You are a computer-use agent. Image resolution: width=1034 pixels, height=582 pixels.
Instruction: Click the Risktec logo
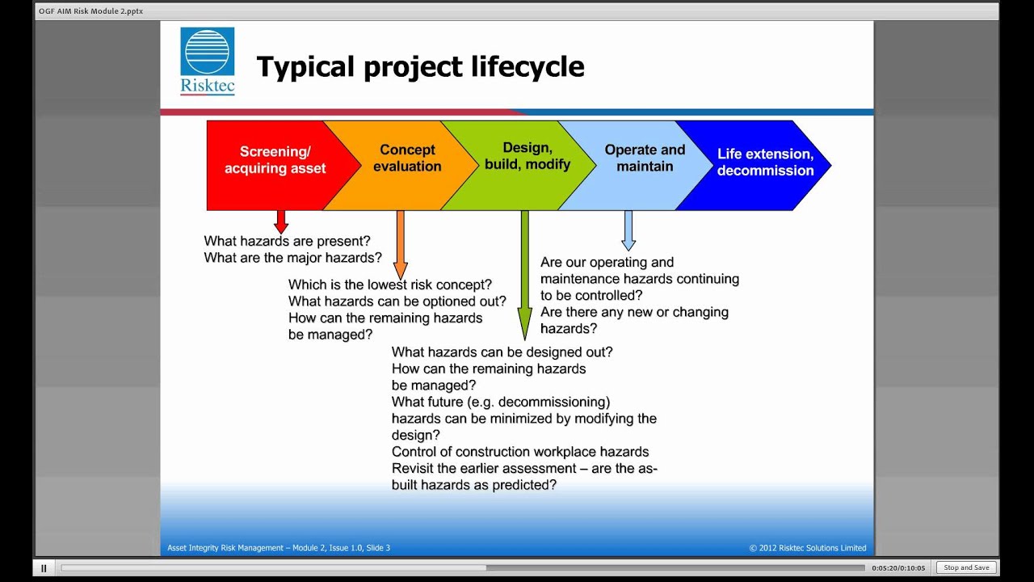pyautogui.click(x=208, y=61)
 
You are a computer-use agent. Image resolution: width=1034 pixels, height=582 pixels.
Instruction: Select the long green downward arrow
pyautogui.click(x=525, y=275)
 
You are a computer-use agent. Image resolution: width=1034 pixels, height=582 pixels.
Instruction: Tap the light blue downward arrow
pyautogui.click(x=628, y=230)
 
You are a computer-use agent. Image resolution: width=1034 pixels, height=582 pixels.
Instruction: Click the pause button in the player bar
pyautogui.click(x=44, y=568)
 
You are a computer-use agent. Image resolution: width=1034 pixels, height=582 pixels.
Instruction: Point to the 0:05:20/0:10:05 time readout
pyautogui.click(x=898, y=568)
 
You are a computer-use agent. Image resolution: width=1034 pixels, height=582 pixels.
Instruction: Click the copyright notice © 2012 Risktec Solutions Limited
pyautogui.click(x=807, y=548)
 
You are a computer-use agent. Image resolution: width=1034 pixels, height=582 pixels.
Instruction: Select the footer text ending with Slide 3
pyautogui.click(x=279, y=548)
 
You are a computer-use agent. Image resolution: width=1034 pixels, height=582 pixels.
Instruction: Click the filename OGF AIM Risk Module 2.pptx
pyautogui.click(x=90, y=11)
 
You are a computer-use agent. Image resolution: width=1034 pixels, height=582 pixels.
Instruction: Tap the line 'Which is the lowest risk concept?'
pyautogui.click(x=390, y=285)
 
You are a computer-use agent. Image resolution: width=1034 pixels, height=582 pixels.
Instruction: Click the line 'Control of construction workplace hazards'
pyautogui.click(x=520, y=452)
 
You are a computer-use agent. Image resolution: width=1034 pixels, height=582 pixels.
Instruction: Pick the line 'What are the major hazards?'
pyautogui.click(x=292, y=258)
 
